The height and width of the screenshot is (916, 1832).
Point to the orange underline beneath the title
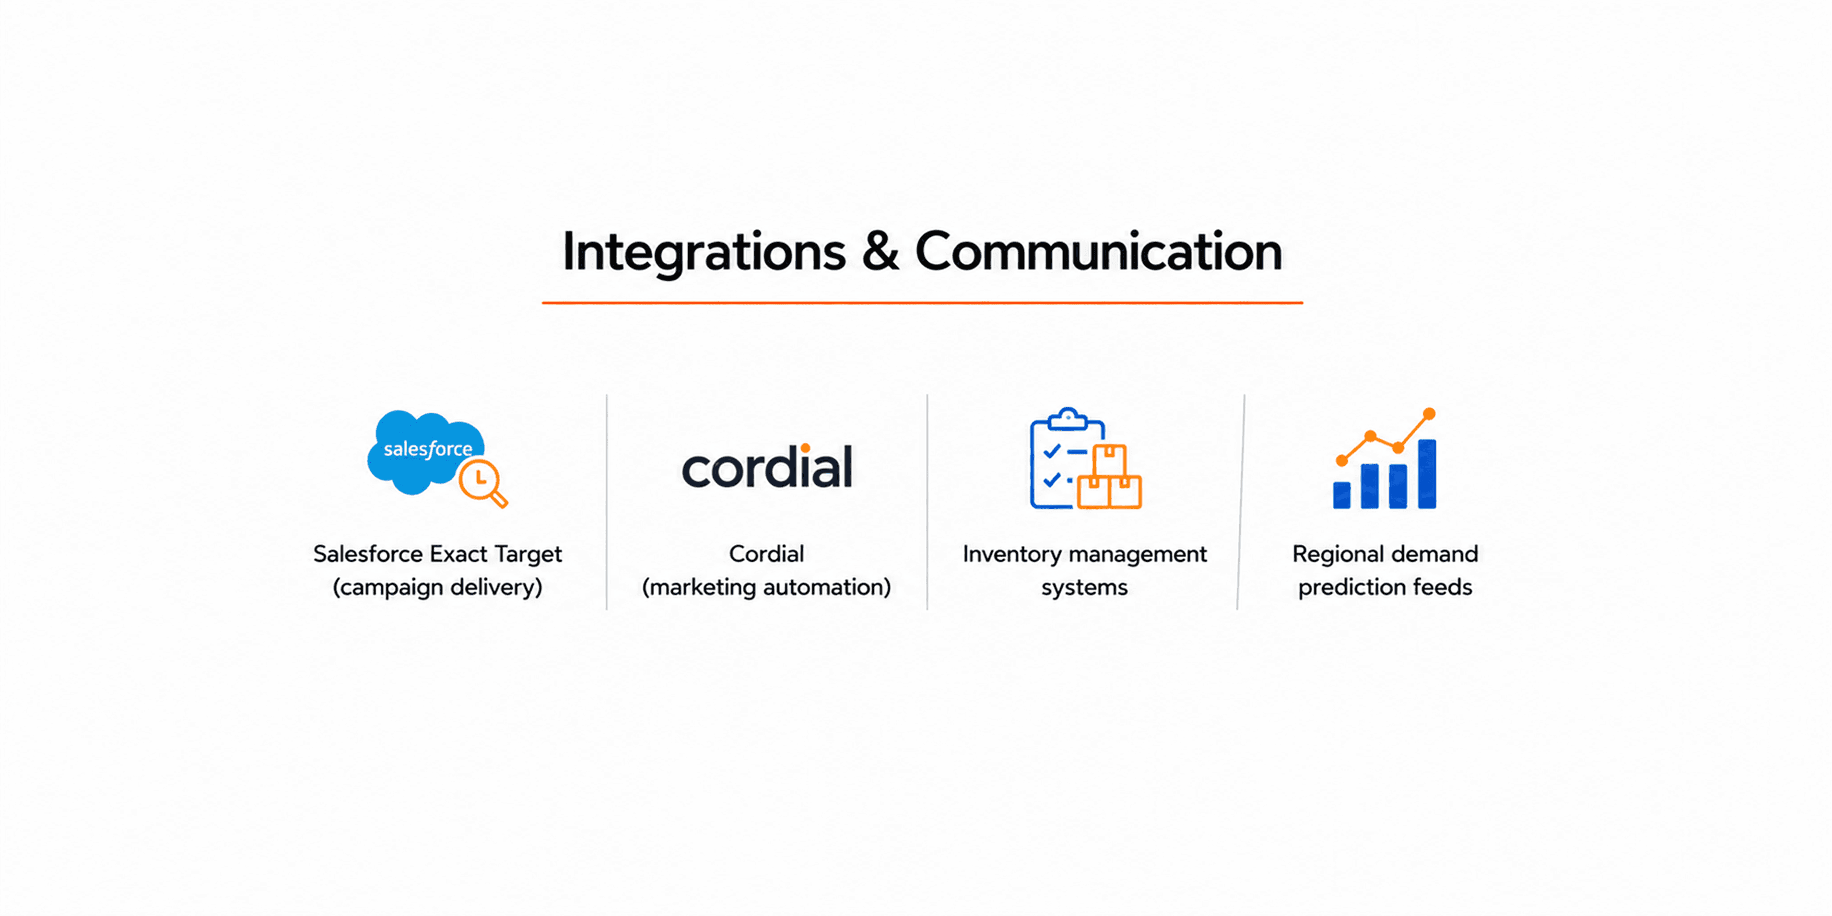(x=922, y=303)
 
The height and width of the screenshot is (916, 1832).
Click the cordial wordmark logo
(x=767, y=467)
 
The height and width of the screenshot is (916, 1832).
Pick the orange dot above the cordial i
(x=805, y=448)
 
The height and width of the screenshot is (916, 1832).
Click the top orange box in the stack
(x=1109, y=460)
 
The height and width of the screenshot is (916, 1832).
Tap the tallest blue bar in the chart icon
(x=1427, y=474)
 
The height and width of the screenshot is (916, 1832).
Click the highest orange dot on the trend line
(x=1429, y=414)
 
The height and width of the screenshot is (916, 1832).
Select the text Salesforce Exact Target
(x=437, y=554)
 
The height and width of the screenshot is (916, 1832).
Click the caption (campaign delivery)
(x=437, y=587)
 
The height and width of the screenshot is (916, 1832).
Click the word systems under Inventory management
(x=1084, y=588)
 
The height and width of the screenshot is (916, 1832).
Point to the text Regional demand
(x=1385, y=554)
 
